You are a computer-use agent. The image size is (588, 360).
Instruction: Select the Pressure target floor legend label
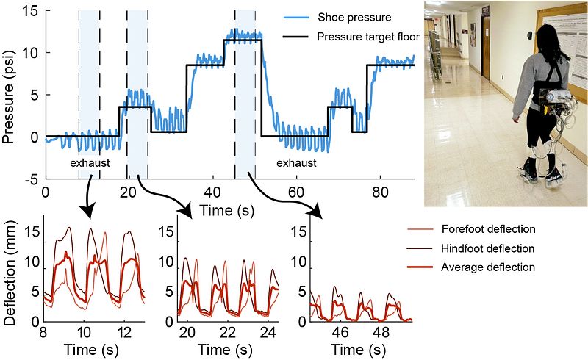(x=362, y=37)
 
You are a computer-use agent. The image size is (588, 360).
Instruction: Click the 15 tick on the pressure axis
(x=31, y=10)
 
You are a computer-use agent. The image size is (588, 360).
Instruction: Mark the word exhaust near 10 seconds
(x=89, y=162)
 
